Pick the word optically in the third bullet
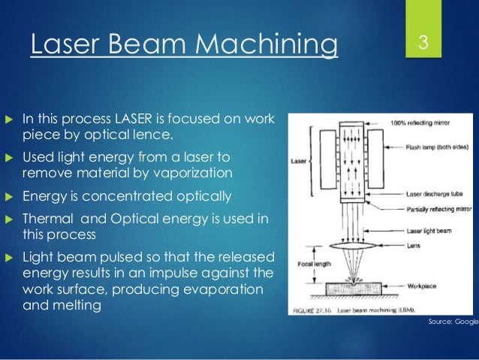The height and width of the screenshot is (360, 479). [x=200, y=196]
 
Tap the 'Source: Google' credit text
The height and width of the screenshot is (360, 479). [x=452, y=320]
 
